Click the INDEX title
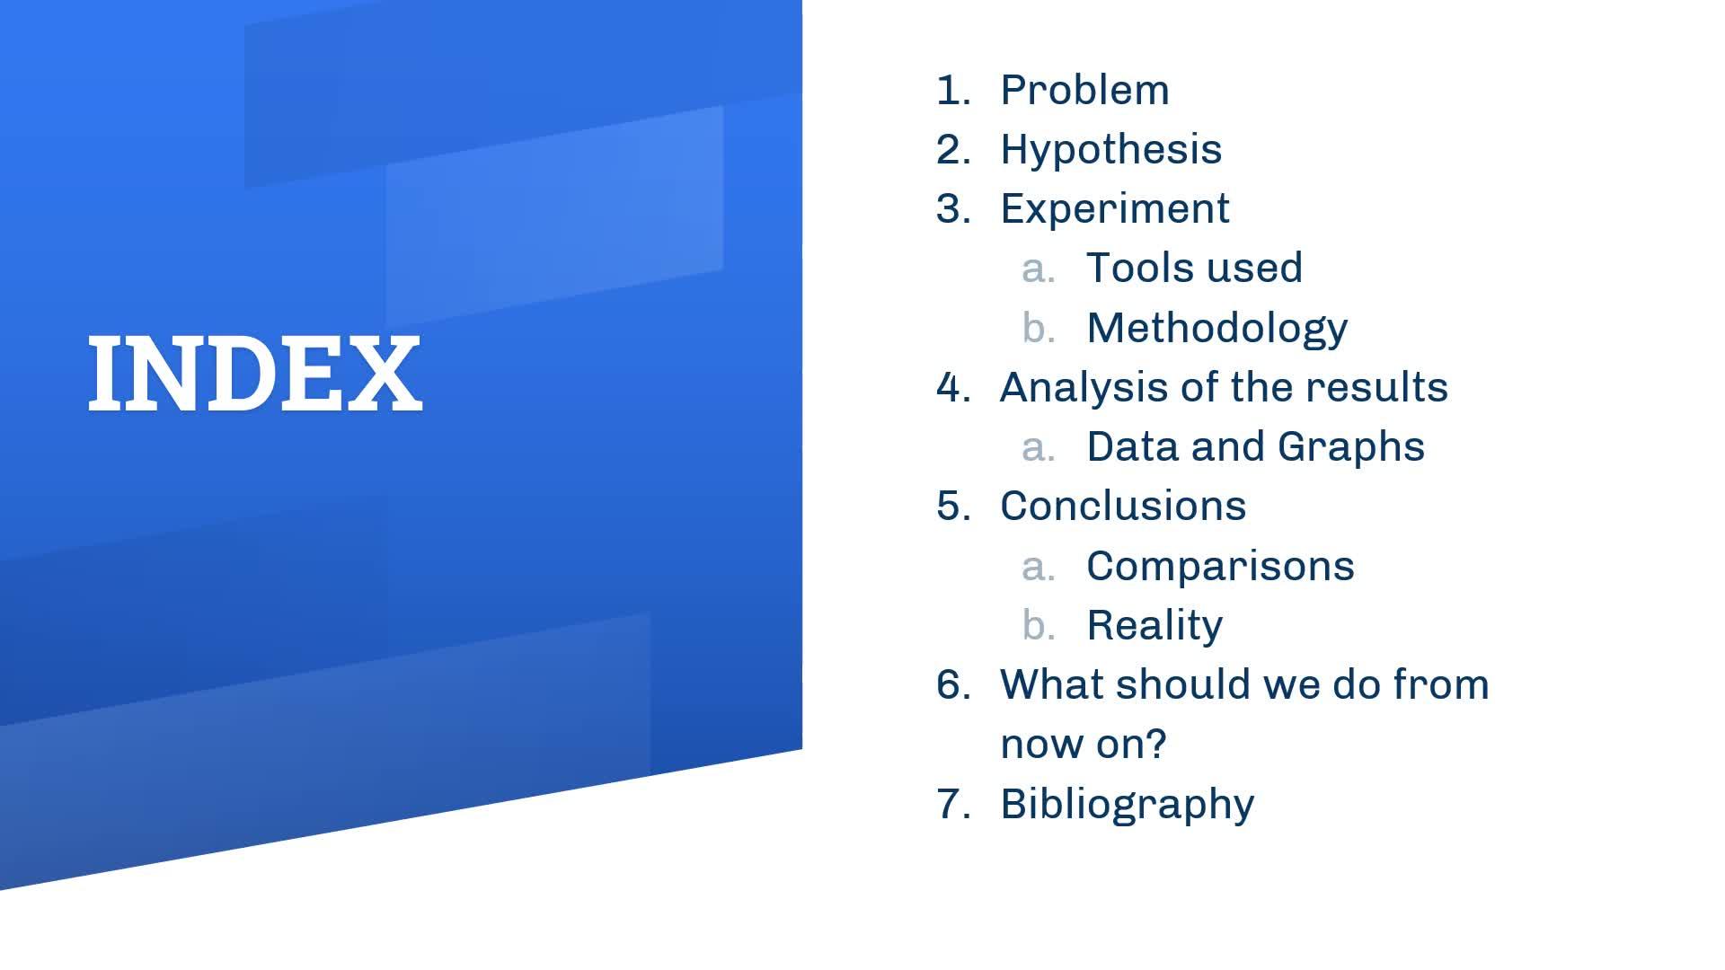pyautogui.click(x=255, y=374)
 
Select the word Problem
pyautogui.click(x=1085, y=90)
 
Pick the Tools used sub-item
pyautogui.click(x=1195, y=268)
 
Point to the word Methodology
pyautogui.click(x=1217, y=329)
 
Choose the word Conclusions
pyautogui.click(x=1123, y=507)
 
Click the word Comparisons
pyautogui.click(x=1220, y=567)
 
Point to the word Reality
pyautogui.click(x=1154, y=626)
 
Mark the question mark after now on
pyautogui.click(x=1157, y=744)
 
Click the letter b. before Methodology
pyautogui.click(x=1039, y=328)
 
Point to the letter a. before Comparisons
pyautogui.click(x=1039, y=567)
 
